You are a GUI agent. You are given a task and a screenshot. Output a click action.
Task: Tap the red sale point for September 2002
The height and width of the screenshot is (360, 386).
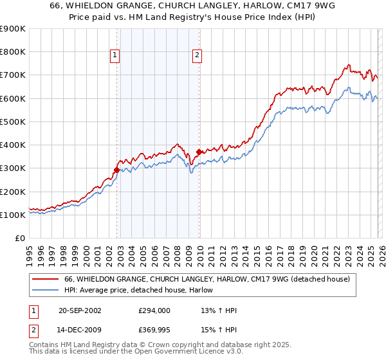(116, 170)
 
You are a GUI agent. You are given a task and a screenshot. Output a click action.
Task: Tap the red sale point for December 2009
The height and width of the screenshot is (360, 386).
(199, 152)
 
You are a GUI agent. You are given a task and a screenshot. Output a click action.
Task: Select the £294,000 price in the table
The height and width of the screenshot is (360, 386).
(154, 310)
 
